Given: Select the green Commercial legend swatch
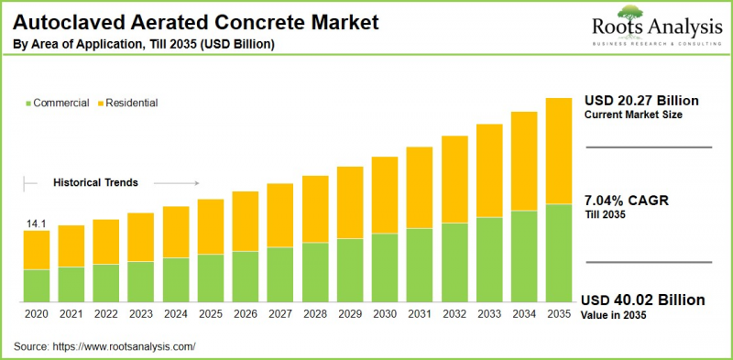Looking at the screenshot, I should click(28, 104).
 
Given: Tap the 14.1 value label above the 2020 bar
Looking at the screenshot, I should click(36, 223).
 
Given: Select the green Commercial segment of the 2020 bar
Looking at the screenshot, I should click(37, 285).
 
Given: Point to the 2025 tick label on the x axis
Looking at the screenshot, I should click(211, 313).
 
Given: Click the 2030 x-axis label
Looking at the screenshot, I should click(385, 313).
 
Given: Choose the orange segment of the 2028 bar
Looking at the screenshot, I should click(315, 209).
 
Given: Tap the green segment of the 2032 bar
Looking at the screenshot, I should click(454, 262).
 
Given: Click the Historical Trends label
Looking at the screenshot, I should click(95, 182).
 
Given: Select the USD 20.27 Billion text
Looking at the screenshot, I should click(642, 100).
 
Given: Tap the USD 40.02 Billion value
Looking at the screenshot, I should click(644, 300).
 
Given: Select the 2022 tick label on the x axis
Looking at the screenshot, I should click(106, 313).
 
